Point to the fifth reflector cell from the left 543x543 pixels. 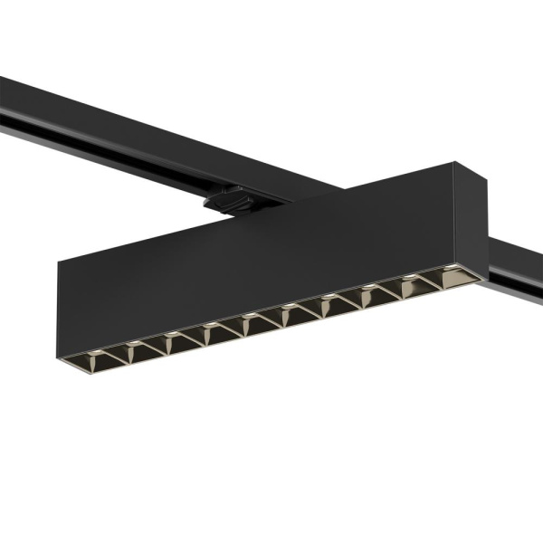click(x=253, y=320)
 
